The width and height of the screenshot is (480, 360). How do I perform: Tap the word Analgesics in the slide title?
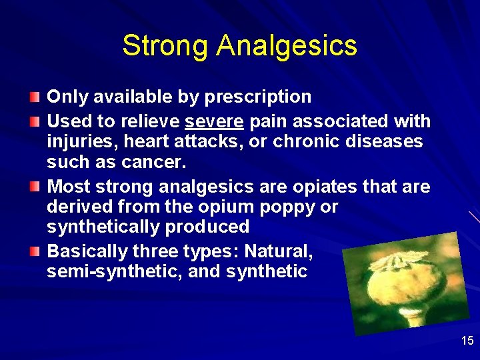tap(287, 47)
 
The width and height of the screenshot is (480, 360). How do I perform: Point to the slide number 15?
tap(467, 341)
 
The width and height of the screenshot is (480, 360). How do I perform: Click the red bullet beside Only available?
tap(35, 98)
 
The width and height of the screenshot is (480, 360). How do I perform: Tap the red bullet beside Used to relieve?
tap(35, 122)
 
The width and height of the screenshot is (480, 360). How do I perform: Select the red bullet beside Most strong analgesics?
tap(35, 187)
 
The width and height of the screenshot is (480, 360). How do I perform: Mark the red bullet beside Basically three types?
tap(35, 252)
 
